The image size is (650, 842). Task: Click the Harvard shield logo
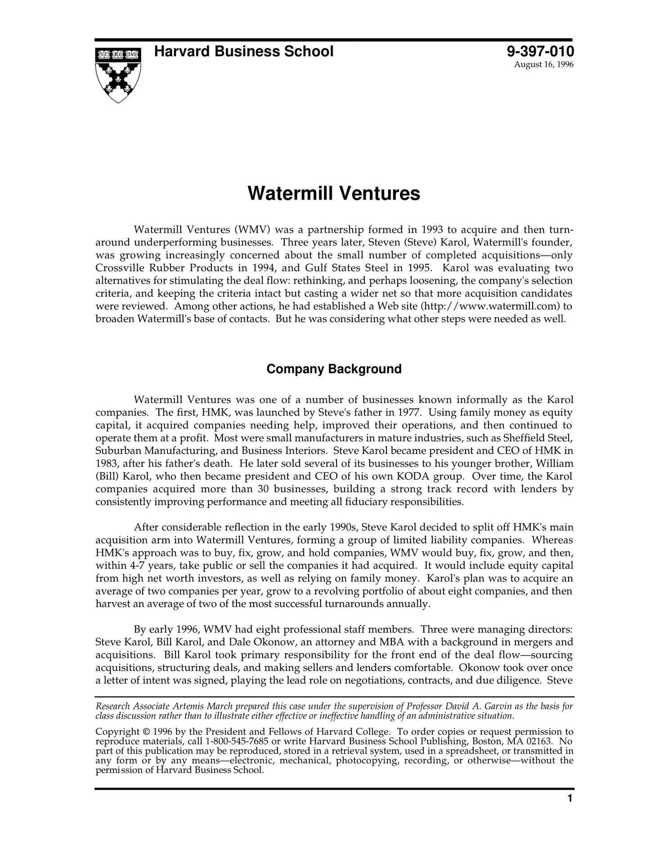point(118,75)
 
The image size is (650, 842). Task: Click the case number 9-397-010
point(540,51)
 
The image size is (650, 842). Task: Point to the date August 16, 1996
point(544,64)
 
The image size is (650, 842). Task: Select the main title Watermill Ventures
point(334,193)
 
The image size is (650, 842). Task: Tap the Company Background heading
point(334,369)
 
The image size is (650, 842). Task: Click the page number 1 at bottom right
point(570,798)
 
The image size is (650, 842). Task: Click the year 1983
point(106,463)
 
